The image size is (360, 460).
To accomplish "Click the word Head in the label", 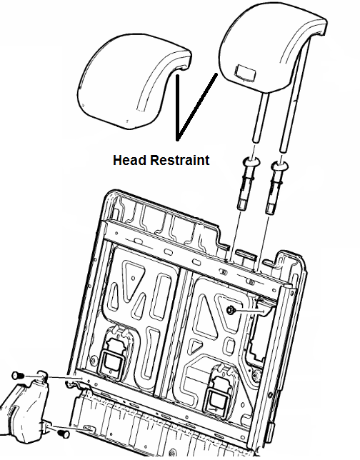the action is [x=130, y=160].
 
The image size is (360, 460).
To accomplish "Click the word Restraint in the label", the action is [x=180, y=160].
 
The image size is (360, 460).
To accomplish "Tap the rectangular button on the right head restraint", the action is [x=246, y=72].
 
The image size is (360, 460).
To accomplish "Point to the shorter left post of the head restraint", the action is [x=261, y=117].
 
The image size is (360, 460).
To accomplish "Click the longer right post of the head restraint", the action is [x=295, y=94].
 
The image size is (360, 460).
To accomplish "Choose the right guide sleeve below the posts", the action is [x=276, y=186].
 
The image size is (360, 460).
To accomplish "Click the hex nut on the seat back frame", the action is [x=230, y=309].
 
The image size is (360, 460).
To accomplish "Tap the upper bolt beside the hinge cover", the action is [x=18, y=375].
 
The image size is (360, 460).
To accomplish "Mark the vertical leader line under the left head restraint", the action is [x=177, y=107].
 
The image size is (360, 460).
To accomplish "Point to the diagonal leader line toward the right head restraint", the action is [x=197, y=107].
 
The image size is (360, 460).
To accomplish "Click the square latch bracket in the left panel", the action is [x=111, y=359].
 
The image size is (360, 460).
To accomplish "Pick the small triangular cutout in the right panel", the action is [x=194, y=346].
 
